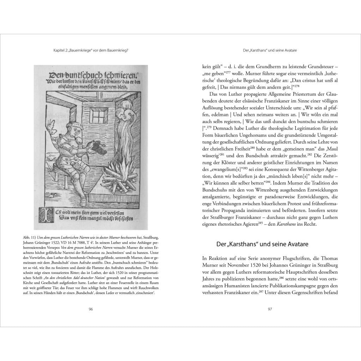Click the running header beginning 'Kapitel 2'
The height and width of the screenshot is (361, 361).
[x=88, y=50]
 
